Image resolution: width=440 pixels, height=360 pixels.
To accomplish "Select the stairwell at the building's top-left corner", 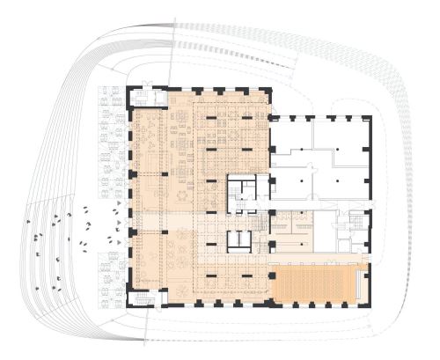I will tap(143, 96).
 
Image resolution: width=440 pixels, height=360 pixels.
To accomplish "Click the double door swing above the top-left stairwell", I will tap(148, 83).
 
